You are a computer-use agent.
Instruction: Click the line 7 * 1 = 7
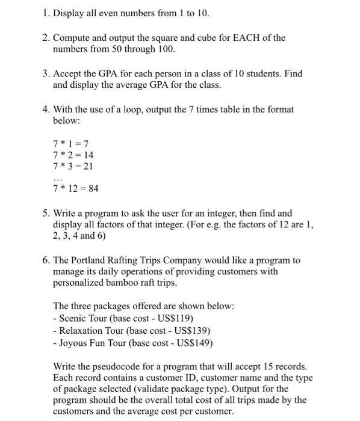coord(71,143)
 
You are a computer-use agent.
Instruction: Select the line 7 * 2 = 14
coord(73,155)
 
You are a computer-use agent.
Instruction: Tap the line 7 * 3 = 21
coord(73,166)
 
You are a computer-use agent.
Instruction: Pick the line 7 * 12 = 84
coord(76,189)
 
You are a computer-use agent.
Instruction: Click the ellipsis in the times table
coord(58,179)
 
